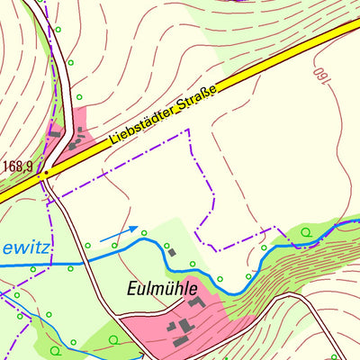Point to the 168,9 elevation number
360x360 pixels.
point(18,166)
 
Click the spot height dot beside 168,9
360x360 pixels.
point(45,172)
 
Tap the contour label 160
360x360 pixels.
point(319,78)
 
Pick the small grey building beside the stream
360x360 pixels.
point(171,252)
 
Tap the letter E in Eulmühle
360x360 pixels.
point(128,290)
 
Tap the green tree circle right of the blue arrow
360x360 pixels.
point(144,232)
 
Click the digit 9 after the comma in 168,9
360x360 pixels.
point(31,166)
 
